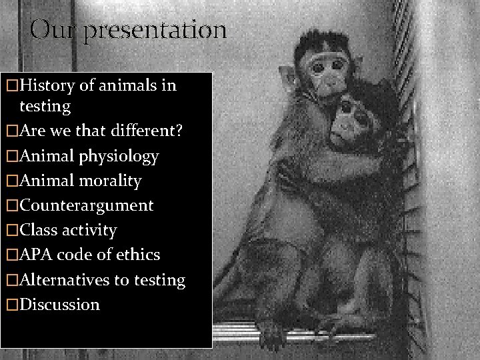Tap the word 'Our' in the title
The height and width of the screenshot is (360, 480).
[x=55, y=29]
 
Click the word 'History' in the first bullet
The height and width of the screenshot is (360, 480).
[x=49, y=85]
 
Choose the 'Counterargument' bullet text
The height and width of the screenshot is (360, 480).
[x=87, y=205]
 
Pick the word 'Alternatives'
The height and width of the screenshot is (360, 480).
[x=65, y=279]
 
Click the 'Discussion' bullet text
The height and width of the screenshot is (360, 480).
[x=60, y=305]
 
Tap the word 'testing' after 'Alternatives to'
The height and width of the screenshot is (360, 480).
[x=159, y=280]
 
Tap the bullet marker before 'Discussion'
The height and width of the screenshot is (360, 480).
[x=11, y=305]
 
